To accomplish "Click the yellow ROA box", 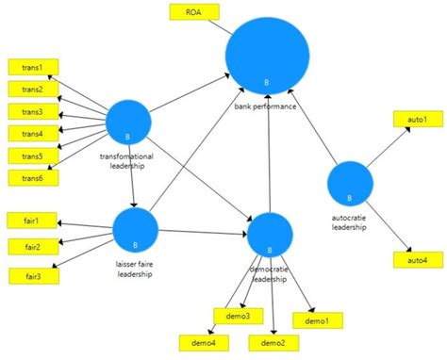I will (193, 13).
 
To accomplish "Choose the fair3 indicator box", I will (32, 274).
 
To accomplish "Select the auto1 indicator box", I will (417, 121).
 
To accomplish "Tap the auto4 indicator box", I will (417, 259).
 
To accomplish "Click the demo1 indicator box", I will (318, 321).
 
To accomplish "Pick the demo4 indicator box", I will (201, 343).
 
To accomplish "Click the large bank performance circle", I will (268, 57).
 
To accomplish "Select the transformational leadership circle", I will (128, 122).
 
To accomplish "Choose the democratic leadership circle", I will (270, 236).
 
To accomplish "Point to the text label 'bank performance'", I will (266, 107).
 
